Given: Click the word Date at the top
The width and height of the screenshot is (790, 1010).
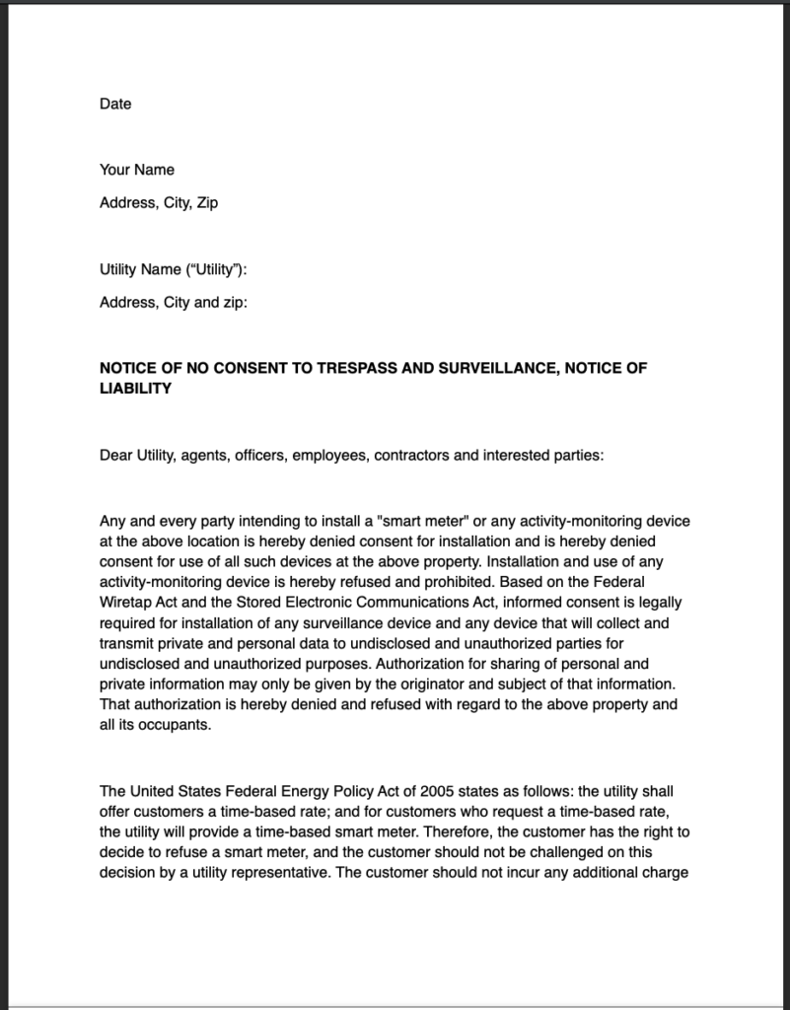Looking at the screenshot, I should pyautogui.click(x=115, y=104).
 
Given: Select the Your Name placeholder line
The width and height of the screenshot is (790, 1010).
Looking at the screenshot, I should pyautogui.click(x=137, y=170).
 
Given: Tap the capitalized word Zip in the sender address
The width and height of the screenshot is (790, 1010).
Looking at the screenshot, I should pyautogui.click(x=207, y=203).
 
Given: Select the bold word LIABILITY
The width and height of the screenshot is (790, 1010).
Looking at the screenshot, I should pyautogui.click(x=135, y=389).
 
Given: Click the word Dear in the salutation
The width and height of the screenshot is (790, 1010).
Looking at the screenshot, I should pyautogui.click(x=115, y=456).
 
